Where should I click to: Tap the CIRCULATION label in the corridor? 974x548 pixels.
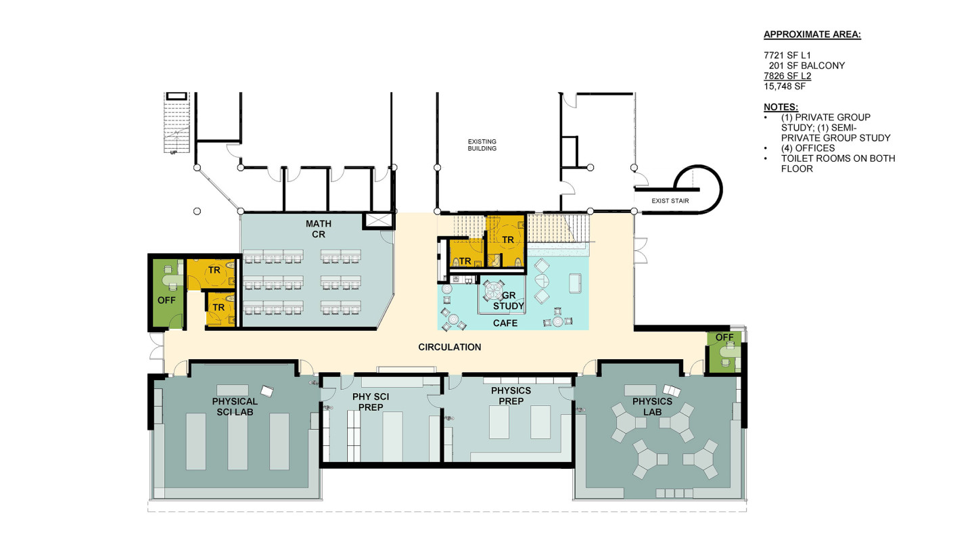449,347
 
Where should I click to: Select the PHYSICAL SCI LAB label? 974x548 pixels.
235,406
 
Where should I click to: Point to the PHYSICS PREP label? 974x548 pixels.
511,396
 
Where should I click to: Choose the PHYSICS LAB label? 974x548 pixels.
652,407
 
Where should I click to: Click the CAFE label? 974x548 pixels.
505,323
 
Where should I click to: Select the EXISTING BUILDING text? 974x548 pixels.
482,145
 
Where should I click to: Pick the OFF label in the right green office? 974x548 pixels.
724,337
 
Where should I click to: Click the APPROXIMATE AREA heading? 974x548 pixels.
812,35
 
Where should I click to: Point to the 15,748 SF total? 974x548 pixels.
785,87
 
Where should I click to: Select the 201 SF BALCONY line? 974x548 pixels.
806,66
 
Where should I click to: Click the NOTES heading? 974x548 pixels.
781,107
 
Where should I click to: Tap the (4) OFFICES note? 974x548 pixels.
808,148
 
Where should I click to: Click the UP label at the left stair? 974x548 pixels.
173,153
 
